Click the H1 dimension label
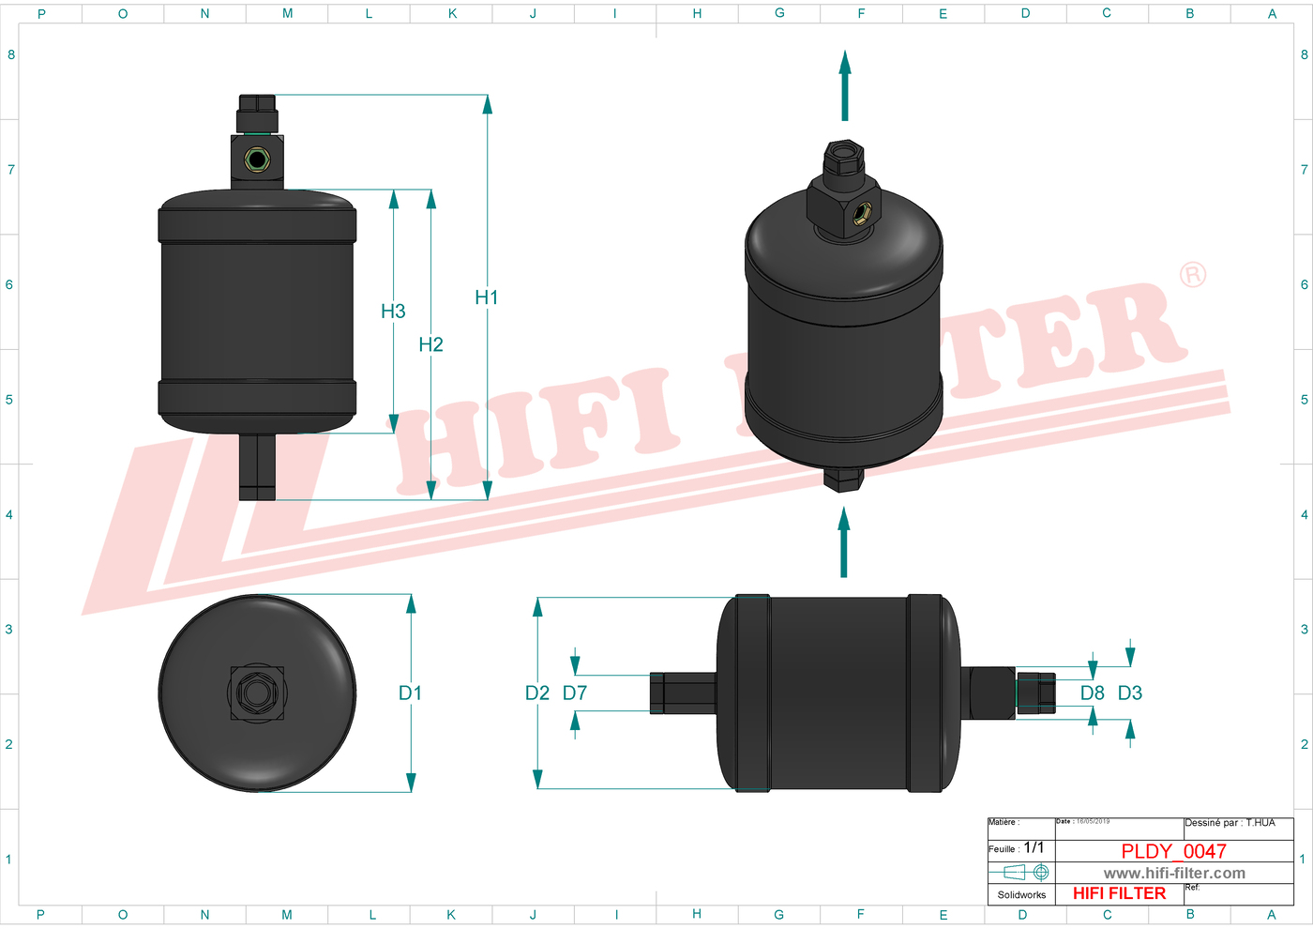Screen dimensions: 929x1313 486,297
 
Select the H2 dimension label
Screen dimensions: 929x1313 430,344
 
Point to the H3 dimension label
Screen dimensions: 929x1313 393,312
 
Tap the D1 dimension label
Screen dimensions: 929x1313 410,693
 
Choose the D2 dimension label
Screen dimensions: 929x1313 536,693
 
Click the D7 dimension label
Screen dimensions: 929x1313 574,693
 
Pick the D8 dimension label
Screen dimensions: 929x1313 1092,693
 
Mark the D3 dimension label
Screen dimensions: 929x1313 1129,693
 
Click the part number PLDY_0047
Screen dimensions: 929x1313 1173,851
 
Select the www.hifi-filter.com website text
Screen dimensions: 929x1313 1173,874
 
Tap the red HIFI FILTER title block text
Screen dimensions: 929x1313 1119,893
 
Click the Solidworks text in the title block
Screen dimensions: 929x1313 1021,895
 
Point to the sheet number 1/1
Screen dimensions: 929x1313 1034,847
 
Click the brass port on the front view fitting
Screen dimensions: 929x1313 257,160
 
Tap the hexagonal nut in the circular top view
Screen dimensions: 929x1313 256,693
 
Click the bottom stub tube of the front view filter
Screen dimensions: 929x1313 257,466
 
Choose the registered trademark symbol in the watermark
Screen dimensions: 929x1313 1192,275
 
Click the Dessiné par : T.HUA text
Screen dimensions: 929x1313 1230,823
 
